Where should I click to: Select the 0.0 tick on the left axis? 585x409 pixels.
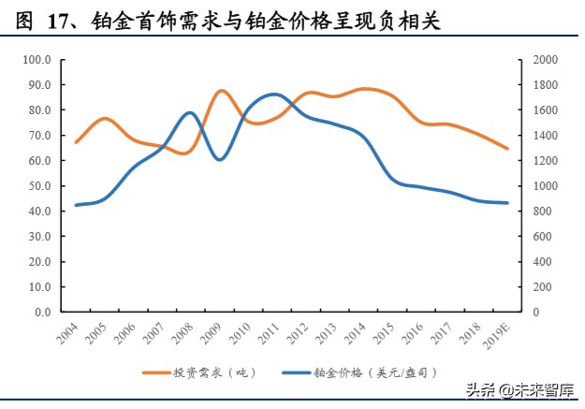tap(42, 313)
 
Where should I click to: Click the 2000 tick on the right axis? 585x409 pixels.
tap(544, 60)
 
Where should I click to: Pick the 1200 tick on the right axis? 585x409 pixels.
tap(544, 161)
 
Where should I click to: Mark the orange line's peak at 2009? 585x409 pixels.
tap(221, 91)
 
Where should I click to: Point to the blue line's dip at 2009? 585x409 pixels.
tap(219, 160)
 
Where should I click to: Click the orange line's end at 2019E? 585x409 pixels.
tap(508, 149)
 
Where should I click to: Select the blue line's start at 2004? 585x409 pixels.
tap(76, 205)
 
